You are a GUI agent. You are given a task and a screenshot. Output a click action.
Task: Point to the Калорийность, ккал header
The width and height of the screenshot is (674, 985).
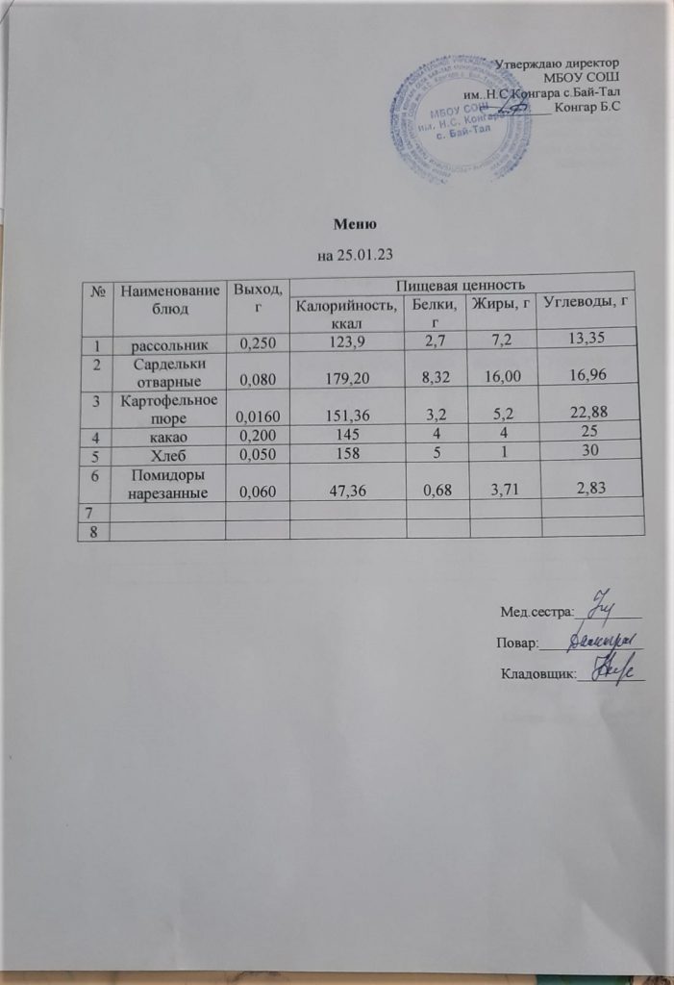point(343,314)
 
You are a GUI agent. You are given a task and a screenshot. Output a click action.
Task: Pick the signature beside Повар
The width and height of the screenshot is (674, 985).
point(603,639)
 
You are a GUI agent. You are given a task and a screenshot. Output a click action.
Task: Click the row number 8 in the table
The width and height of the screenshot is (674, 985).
point(95,530)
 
